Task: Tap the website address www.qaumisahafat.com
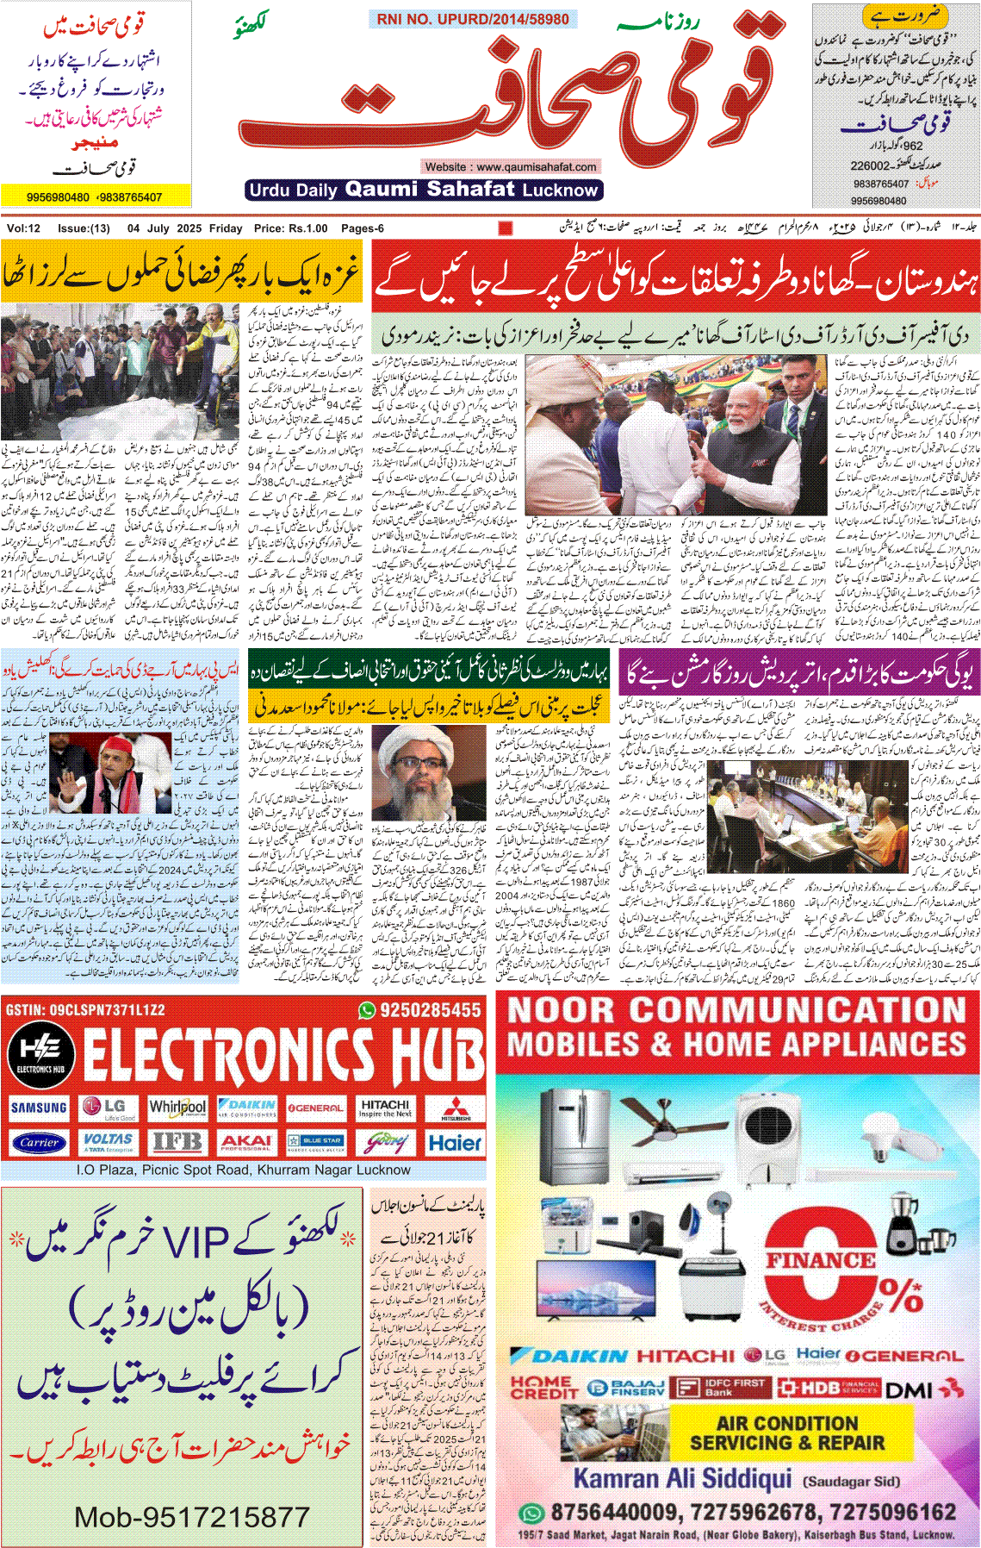pos(510,166)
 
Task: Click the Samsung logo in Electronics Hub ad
pos(39,1108)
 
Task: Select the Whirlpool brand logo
pos(177,1107)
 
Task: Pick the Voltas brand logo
pos(108,1143)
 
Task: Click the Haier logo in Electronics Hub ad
pos(455,1143)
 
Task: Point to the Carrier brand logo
pos(39,1143)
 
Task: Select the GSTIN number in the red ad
pos(85,1009)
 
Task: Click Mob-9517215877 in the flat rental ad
pos(191,1517)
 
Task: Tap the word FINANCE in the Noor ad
pos(821,1260)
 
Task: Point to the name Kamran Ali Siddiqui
pos(682,1479)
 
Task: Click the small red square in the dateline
pos(506,228)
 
